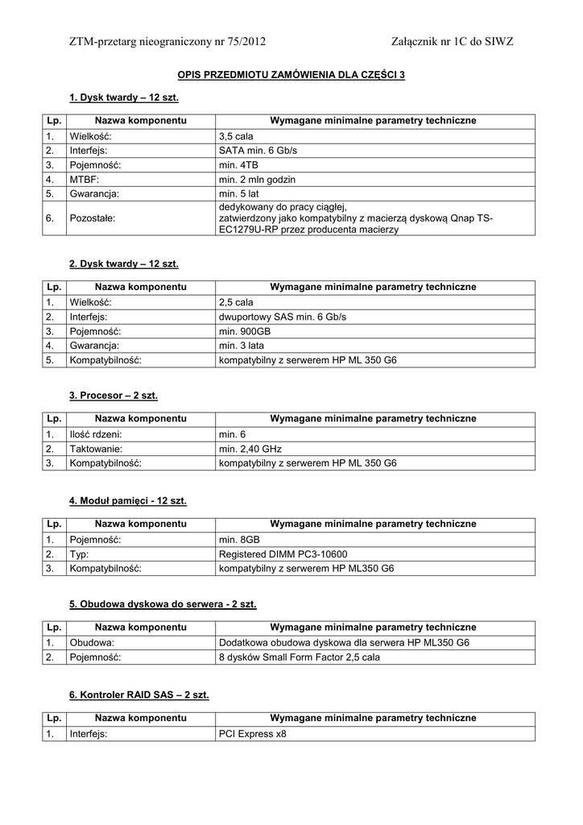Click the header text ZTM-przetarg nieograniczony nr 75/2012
(x=167, y=41)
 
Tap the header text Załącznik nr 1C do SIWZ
(x=452, y=41)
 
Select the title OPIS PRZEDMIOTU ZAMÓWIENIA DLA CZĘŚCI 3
(x=291, y=75)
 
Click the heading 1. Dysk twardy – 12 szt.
(x=124, y=98)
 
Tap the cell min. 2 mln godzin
(x=257, y=179)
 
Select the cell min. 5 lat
(x=239, y=193)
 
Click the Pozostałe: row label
(x=94, y=218)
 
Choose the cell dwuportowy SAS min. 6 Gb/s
(x=287, y=317)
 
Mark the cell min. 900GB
(x=245, y=331)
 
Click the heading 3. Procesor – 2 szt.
(x=114, y=396)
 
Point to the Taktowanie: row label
(x=96, y=449)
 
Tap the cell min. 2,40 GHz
(x=250, y=449)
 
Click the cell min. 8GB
(x=239, y=539)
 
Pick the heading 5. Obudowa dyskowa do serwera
(x=163, y=603)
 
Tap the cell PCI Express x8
(x=252, y=734)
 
